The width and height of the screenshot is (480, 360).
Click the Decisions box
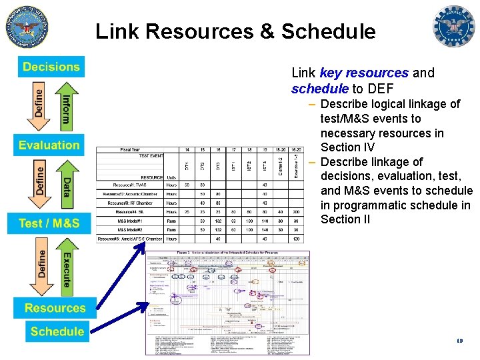point(51,67)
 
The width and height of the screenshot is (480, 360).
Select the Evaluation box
point(49,145)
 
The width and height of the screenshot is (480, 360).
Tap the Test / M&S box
point(49,223)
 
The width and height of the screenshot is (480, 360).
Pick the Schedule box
point(57,331)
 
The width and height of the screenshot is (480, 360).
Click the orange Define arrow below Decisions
point(38,107)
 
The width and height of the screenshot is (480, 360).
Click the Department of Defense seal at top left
point(27,27)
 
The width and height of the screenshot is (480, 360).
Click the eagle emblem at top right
point(454,27)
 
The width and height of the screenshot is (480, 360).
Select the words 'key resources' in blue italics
point(364,73)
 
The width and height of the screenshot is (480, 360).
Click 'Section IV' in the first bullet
point(347,147)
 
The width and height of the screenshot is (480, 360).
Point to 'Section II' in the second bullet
point(345,219)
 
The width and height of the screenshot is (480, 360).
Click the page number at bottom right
point(459,341)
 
